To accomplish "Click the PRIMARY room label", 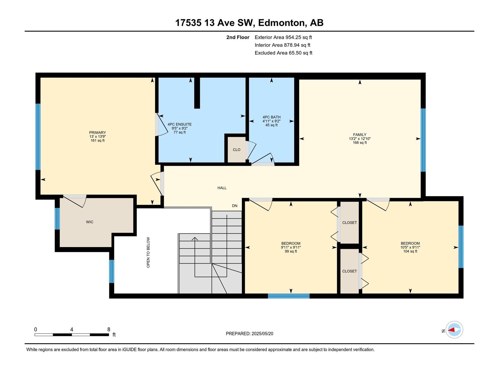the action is tap(98, 132).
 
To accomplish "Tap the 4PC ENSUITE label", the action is tap(180, 124).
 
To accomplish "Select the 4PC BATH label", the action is tap(271, 117).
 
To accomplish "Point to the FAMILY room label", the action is tap(360, 135).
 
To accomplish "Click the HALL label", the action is tap(222, 188).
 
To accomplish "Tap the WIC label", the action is tap(90, 222).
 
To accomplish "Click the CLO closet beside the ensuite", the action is tap(236, 150).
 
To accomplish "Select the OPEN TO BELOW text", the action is tap(148, 252).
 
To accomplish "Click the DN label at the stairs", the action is tap(235, 206).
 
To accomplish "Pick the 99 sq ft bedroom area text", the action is tap(291, 252).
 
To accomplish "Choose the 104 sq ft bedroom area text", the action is tap(410, 252).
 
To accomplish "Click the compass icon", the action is tap(454, 330).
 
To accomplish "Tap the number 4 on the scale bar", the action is tap(72, 329).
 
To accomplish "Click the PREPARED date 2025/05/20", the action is tap(262, 333).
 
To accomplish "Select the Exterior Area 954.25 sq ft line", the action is tap(283, 37).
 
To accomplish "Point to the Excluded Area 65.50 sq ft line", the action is tap(283, 53).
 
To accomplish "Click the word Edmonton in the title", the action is tap(281, 23).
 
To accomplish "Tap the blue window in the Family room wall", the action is tap(423, 140).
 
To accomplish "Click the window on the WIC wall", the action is tap(57, 219).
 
